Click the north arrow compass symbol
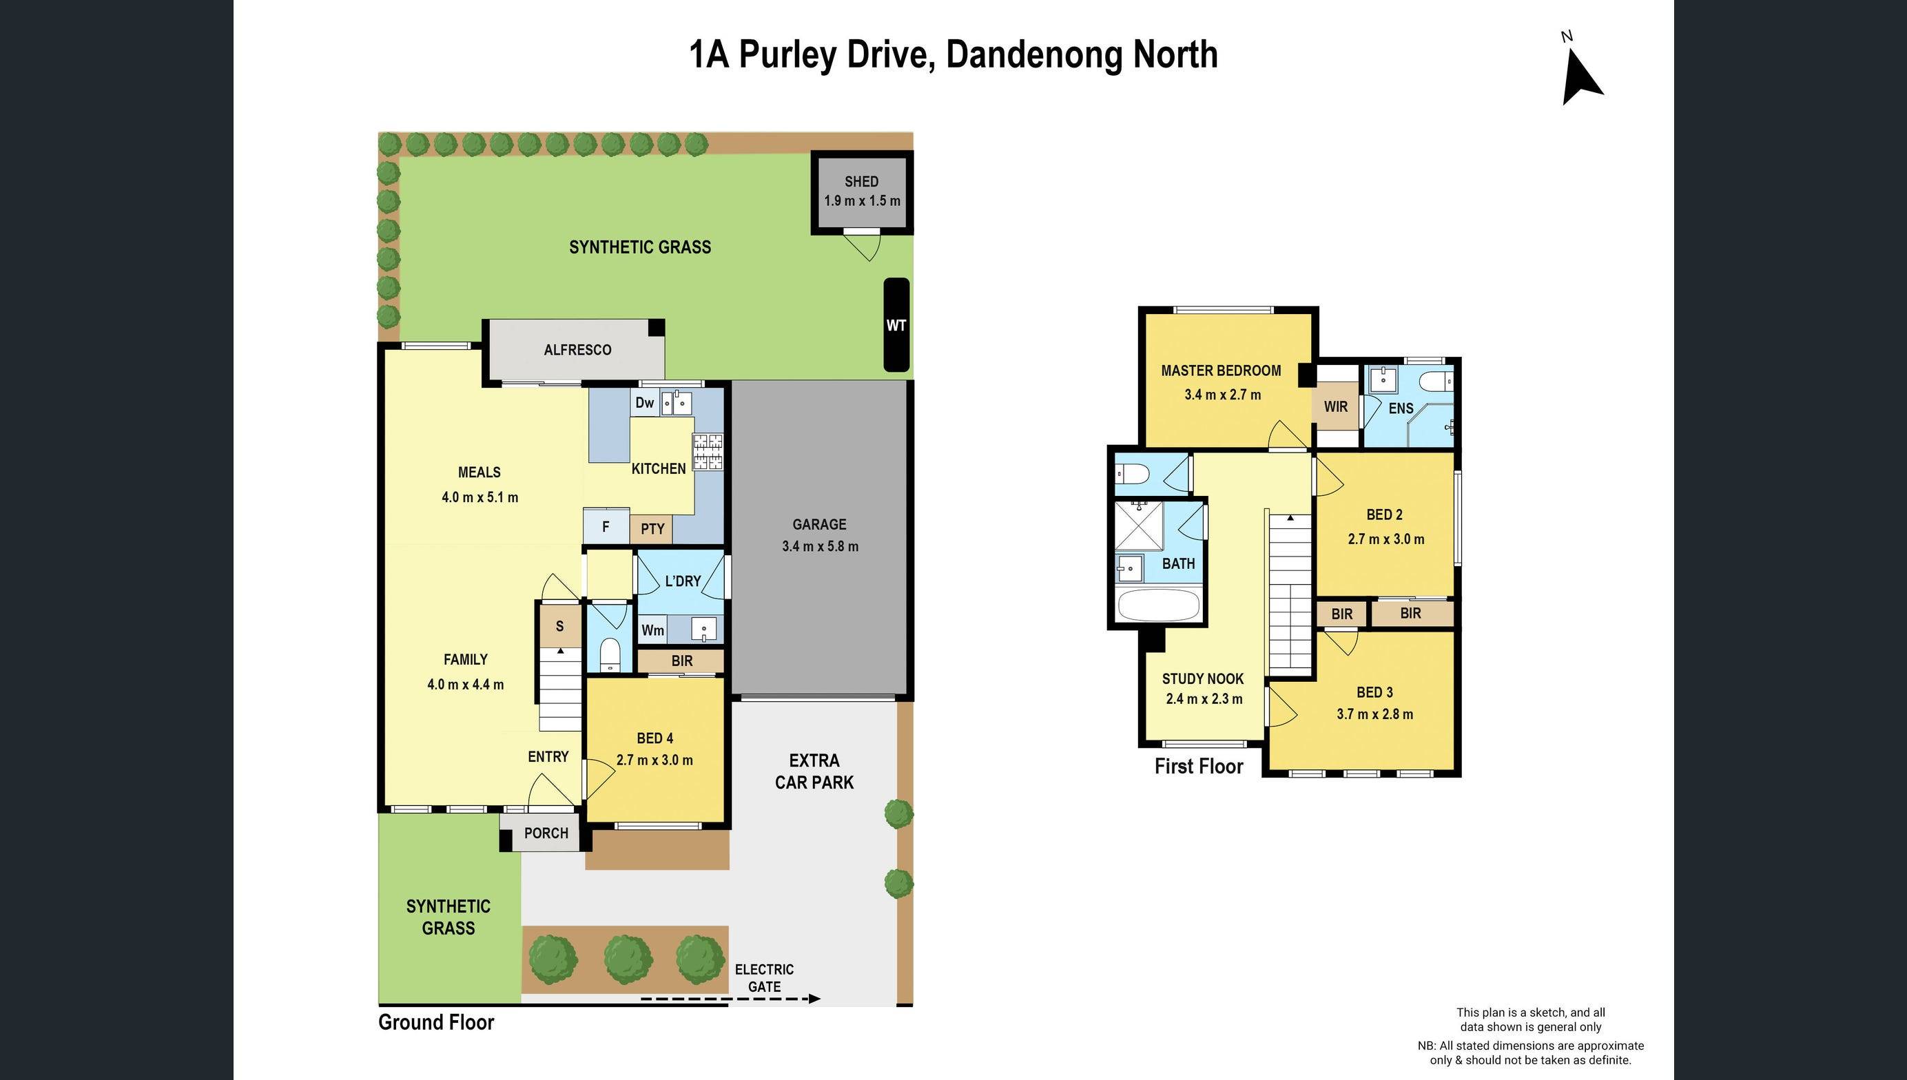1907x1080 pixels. pyautogui.click(x=1581, y=76)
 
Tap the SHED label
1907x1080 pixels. pyautogui.click(x=861, y=182)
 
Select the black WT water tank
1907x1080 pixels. pyautogui.click(x=896, y=325)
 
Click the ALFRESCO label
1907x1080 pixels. pyautogui.click(x=577, y=350)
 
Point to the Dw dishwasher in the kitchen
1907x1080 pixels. pyautogui.click(x=645, y=403)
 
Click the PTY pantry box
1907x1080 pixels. pyautogui.click(x=652, y=529)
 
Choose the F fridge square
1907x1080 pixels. pyautogui.click(x=606, y=528)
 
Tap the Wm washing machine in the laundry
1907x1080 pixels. pyautogui.click(x=652, y=630)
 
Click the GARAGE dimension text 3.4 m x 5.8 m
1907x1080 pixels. pyautogui.click(x=820, y=547)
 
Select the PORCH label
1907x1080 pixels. pyautogui.click(x=546, y=833)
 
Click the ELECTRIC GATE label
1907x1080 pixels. pyautogui.click(x=764, y=977)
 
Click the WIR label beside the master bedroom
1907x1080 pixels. pyautogui.click(x=1335, y=406)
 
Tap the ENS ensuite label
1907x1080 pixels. pyautogui.click(x=1401, y=408)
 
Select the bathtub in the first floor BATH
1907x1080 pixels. pyautogui.click(x=1158, y=605)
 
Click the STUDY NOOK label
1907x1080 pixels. pyautogui.click(x=1202, y=678)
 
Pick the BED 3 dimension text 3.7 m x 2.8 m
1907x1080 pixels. pyautogui.click(x=1374, y=714)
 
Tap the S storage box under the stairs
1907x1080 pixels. pyautogui.click(x=559, y=626)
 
